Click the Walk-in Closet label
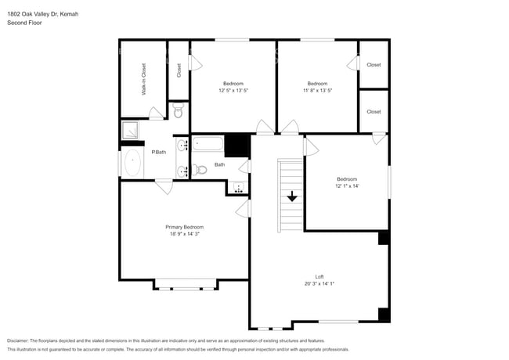tap(144, 79)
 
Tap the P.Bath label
tap(158, 152)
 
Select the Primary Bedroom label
tap(185, 227)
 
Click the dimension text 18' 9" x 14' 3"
tap(185, 234)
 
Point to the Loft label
tap(319, 276)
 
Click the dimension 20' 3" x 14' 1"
tap(319, 283)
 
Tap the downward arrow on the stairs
tap(292, 196)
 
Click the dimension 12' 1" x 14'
tap(347, 185)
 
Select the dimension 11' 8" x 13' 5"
tap(317, 91)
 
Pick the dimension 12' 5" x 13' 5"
tap(233, 91)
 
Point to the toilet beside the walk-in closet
tap(179, 113)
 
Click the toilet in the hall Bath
tap(200, 169)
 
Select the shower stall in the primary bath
tap(130, 131)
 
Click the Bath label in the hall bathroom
tap(220, 164)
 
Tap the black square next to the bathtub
tap(236, 146)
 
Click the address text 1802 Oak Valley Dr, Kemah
tap(42, 14)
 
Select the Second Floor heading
tap(24, 23)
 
